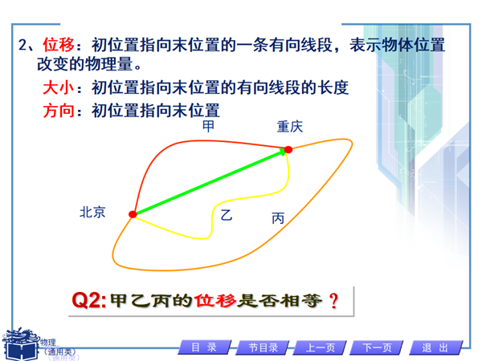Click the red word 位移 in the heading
[59, 45]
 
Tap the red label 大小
[59, 87]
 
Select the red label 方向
[59, 111]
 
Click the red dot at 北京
[133, 214]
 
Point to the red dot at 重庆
[288, 149]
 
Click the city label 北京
[92, 213]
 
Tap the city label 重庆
[290, 127]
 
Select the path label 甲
[208, 127]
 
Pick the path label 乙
[227, 215]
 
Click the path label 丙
[278, 218]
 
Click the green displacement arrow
[210, 181]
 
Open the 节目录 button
[263, 348]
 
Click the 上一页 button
[320, 348]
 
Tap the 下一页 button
[378, 348]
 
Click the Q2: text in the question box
[89, 300]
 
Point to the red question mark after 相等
[333, 301]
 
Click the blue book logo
[20, 344]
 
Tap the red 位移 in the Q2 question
[216, 301]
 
